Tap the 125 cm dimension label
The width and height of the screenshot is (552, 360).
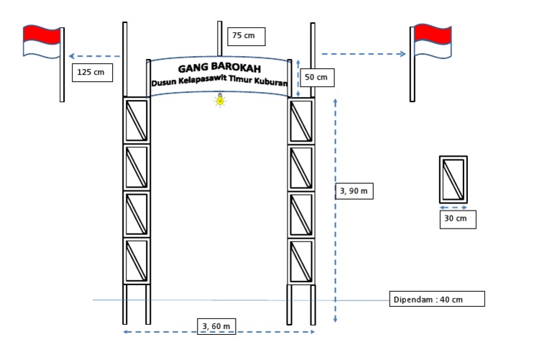pos(93,73)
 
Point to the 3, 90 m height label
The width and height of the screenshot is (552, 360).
pos(355,191)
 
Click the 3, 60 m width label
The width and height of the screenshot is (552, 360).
pos(216,326)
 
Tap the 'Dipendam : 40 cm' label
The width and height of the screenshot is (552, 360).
pos(437,299)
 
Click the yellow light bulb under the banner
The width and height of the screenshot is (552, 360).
pos(220,101)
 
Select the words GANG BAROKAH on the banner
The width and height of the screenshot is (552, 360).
pos(219,69)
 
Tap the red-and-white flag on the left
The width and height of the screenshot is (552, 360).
pos(42,41)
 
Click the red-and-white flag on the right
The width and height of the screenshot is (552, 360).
pos(433,41)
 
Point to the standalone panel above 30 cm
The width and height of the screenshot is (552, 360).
pos(454,179)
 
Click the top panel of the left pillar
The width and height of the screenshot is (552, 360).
pos(137,120)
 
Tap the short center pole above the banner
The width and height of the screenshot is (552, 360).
pos(220,40)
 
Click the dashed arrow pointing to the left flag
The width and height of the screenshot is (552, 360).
pos(94,55)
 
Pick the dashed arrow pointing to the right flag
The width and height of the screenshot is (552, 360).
pos(364,54)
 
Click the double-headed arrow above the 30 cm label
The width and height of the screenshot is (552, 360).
pos(454,208)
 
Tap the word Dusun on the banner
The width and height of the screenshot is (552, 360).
pos(164,83)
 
